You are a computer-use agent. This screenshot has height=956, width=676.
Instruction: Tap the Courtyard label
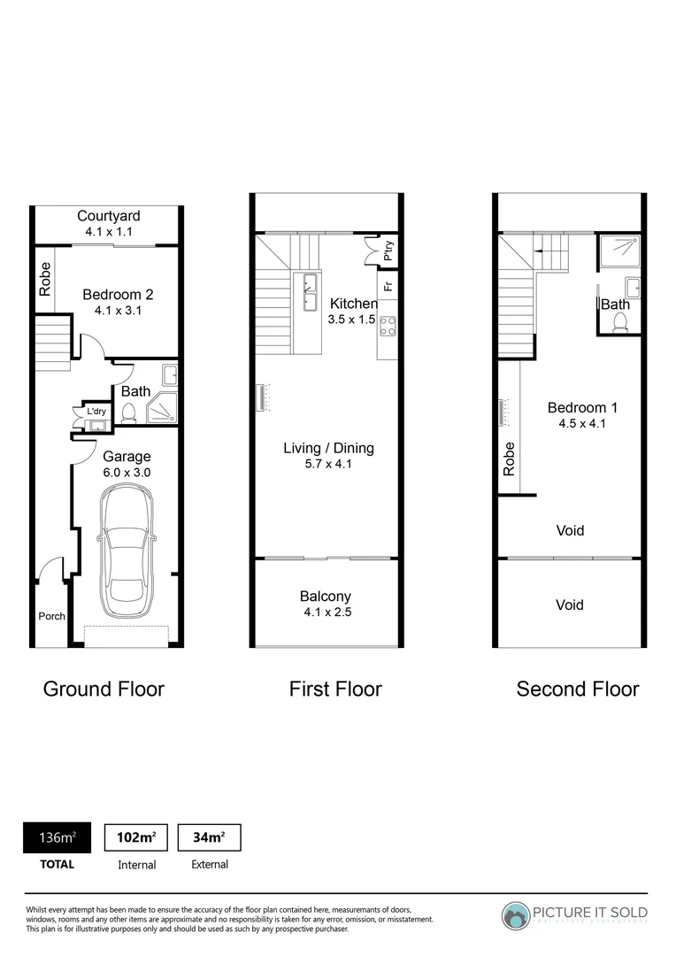(x=108, y=216)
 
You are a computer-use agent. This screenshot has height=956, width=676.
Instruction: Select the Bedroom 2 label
(x=113, y=295)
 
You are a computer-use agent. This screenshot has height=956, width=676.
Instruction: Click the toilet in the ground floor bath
(x=129, y=412)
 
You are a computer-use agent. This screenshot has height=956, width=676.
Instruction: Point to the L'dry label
(x=95, y=411)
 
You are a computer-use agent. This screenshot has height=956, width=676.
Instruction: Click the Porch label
(x=51, y=616)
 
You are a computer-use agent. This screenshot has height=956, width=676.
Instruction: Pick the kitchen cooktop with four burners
(x=388, y=326)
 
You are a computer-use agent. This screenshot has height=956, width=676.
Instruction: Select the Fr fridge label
(x=388, y=286)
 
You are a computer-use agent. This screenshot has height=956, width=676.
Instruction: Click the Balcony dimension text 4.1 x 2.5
(x=326, y=612)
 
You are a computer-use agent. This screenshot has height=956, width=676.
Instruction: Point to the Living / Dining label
(x=328, y=448)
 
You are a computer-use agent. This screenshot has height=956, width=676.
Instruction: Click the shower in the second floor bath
(x=618, y=252)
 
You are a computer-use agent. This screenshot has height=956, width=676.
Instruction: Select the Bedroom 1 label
(x=582, y=408)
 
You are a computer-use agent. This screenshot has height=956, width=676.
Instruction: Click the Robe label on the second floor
(x=509, y=459)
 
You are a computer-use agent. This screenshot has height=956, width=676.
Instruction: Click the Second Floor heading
(x=578, y=689)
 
